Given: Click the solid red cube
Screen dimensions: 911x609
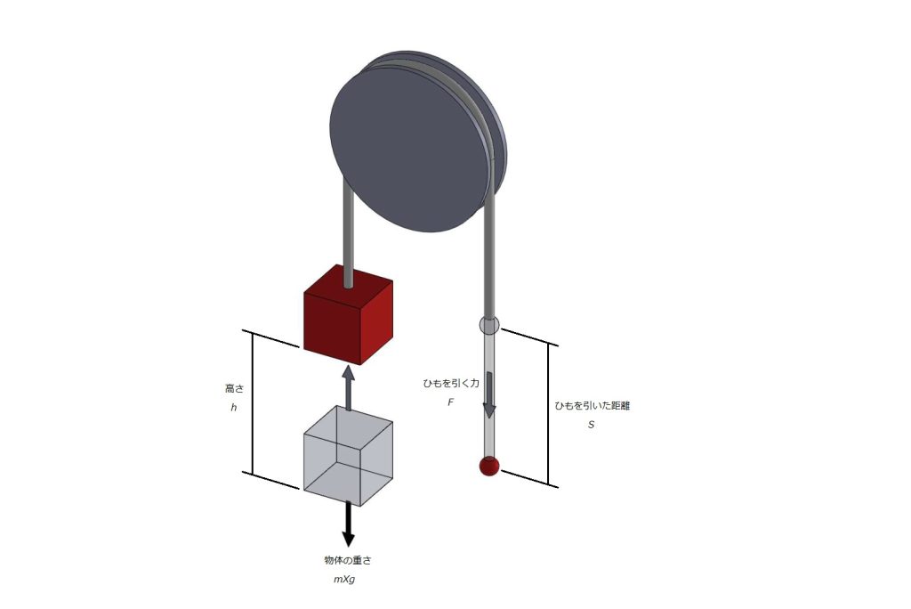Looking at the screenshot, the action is (348, 317).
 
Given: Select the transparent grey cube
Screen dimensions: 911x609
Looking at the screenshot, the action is (348, 456).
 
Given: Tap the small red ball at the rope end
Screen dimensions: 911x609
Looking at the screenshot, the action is (489, 466).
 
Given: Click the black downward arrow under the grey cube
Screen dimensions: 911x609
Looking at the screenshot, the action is (348, 524).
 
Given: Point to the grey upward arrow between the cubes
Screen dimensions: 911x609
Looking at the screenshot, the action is (348, 388).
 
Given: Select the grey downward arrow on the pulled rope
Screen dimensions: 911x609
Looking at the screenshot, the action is (489, 395).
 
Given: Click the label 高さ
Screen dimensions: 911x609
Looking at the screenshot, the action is (235, 388).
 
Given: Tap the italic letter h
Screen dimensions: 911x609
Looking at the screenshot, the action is (234, 408).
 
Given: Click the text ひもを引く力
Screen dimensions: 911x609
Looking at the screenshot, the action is (451, 384).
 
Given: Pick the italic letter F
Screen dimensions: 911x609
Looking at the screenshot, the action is (450, 402).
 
